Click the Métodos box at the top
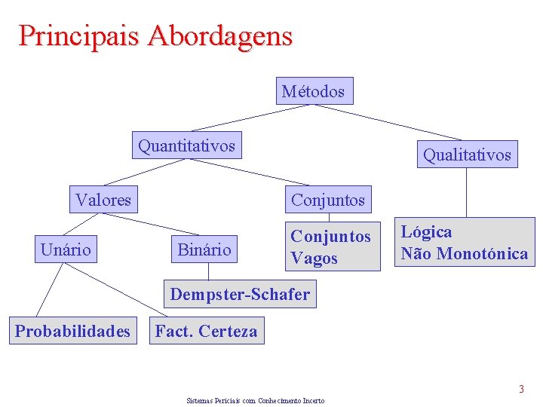[313, 92]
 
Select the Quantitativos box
[186, 145]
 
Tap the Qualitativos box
[467, 155]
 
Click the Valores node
[103, 200]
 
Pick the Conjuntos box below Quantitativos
[327, 200]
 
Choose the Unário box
[66, 249]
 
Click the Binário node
[204, 249]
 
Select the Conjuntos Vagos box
[331, 247]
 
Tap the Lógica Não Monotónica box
[464, 243]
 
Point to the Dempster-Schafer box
[240, 295]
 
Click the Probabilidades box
[72, 331]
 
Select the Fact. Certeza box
[206, 331]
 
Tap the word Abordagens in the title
[220, 35]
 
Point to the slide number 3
[520, 390]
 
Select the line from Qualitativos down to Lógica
[467, 192]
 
